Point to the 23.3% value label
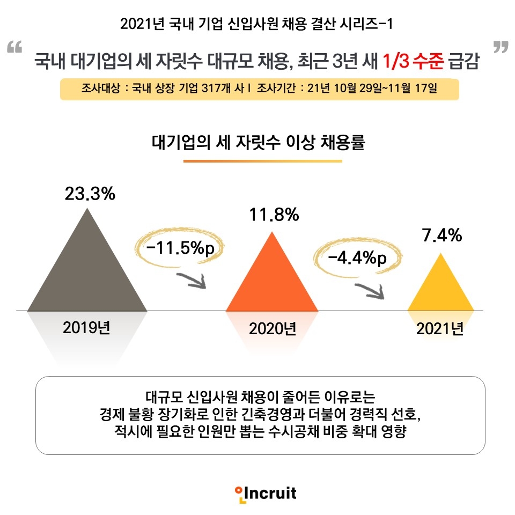(90, 194)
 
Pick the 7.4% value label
(442, 236)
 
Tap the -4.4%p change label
(357, 258)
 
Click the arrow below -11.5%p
(191, 279)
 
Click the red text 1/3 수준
(413, 61)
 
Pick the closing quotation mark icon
(500, 47)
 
